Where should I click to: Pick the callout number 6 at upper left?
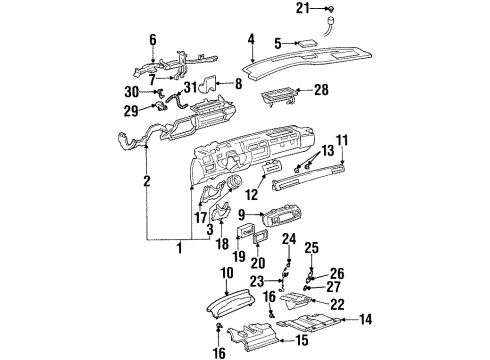[x=153, y=39]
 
